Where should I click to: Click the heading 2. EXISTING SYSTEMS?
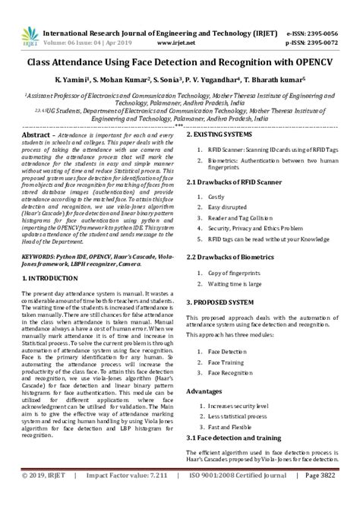point(226,134)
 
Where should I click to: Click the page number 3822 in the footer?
point(339,496)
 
